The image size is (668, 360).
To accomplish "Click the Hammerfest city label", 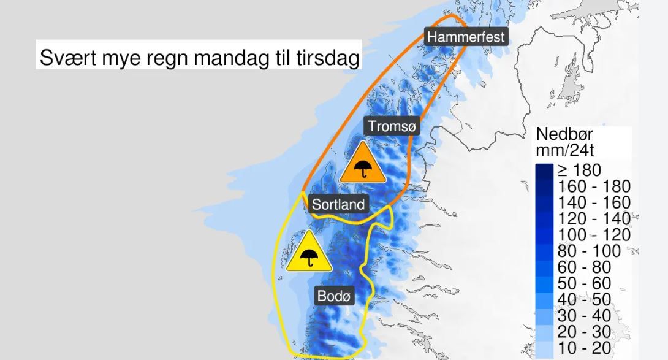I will pyautogui.click(x=466, y=37).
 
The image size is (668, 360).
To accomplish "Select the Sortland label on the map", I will pyautogui.click(x=338, y=204).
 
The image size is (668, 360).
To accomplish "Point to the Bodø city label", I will pyautogui.click(x=335, y=296).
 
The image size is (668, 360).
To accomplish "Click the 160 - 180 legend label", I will pyautogui.click(x=592, y=186).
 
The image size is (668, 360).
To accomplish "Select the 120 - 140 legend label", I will pyautogui.click(x=592, y=218).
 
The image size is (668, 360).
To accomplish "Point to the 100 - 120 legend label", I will pyautogui.click(x=592, y=235).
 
